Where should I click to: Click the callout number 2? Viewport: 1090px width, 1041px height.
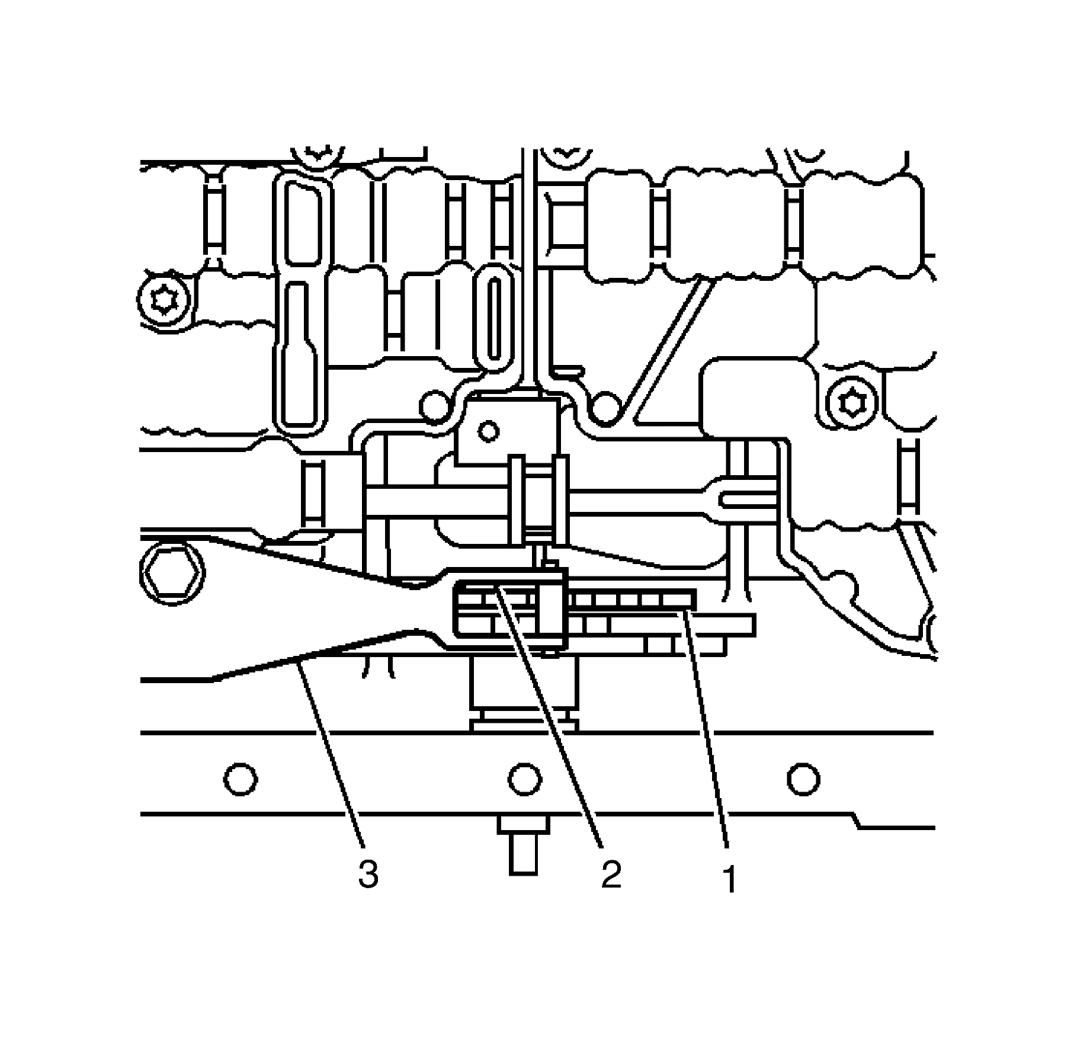click(611, 874)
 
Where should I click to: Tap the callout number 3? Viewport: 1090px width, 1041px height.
click(368, 874)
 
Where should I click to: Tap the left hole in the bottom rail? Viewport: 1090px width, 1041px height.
click(241, 779)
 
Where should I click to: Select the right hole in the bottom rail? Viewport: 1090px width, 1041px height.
click(803, 779)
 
